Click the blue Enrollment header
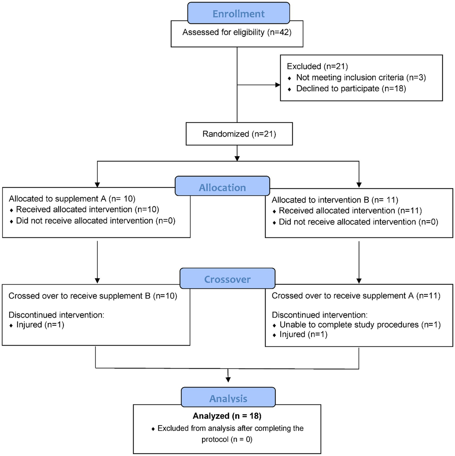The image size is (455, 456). click(238, 14)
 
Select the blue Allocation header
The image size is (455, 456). click(222, 187)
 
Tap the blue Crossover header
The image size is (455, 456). click(227, 279)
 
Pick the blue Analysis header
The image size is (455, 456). click(228, 398)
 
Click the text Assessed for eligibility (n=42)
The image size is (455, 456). click(237, 32)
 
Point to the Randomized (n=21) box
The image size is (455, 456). click(239, 134)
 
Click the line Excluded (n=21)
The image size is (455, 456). click(317, 66)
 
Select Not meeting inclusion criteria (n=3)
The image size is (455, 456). click(361, 77)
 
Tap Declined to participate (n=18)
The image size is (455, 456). click(351, 88)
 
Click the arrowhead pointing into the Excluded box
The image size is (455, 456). click(277, 85)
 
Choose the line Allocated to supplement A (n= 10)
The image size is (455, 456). click(72, 198)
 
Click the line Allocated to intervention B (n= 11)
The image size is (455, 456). click(335, 200)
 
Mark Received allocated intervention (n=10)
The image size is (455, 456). click(87, 209)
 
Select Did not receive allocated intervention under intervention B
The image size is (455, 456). click(358, 222)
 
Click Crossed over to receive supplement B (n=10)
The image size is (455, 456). click(93, 296)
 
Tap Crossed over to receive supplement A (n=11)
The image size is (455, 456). click(356, 296)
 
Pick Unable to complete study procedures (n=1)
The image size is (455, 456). click(360, 325)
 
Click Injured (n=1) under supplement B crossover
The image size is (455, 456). click(40, 325)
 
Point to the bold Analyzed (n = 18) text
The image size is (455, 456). click(227, 416)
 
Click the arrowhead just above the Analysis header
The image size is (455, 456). click(228, 380)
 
